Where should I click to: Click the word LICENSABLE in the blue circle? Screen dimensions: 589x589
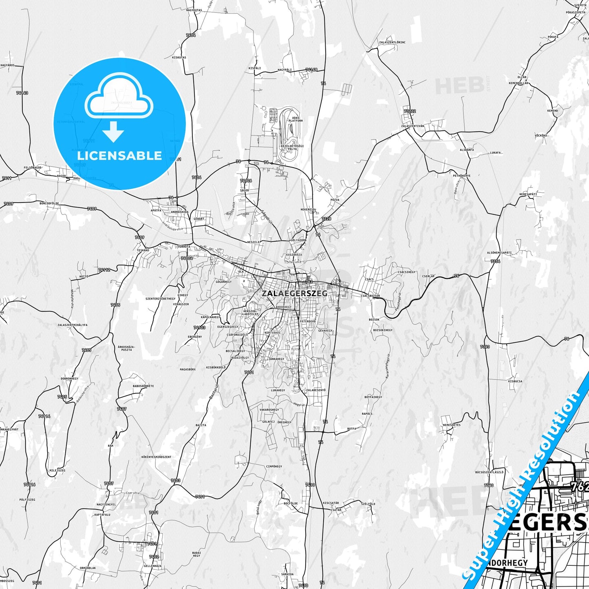[x=119, y=156]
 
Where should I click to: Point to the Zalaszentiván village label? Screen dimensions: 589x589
[x=413, y=126]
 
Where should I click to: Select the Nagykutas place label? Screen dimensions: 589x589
[x=194, y=10]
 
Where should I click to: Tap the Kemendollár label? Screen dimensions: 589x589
[x=518, y=83]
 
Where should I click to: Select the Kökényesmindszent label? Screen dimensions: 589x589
[x=156, y=457]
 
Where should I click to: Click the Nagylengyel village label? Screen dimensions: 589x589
[x=106, y=504]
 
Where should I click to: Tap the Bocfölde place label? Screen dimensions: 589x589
[x=291, y=503]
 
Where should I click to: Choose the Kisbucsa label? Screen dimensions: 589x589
[x=515, y=382]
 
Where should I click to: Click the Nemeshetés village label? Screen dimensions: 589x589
[x=452, y=425]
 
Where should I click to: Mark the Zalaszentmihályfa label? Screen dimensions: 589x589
[x=73, y=325]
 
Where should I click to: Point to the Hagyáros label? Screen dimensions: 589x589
[x=8, y=65]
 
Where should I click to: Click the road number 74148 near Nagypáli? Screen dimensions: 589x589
[x=311, y=70]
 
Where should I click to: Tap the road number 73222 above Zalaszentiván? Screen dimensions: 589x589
[x=409, y=111]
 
